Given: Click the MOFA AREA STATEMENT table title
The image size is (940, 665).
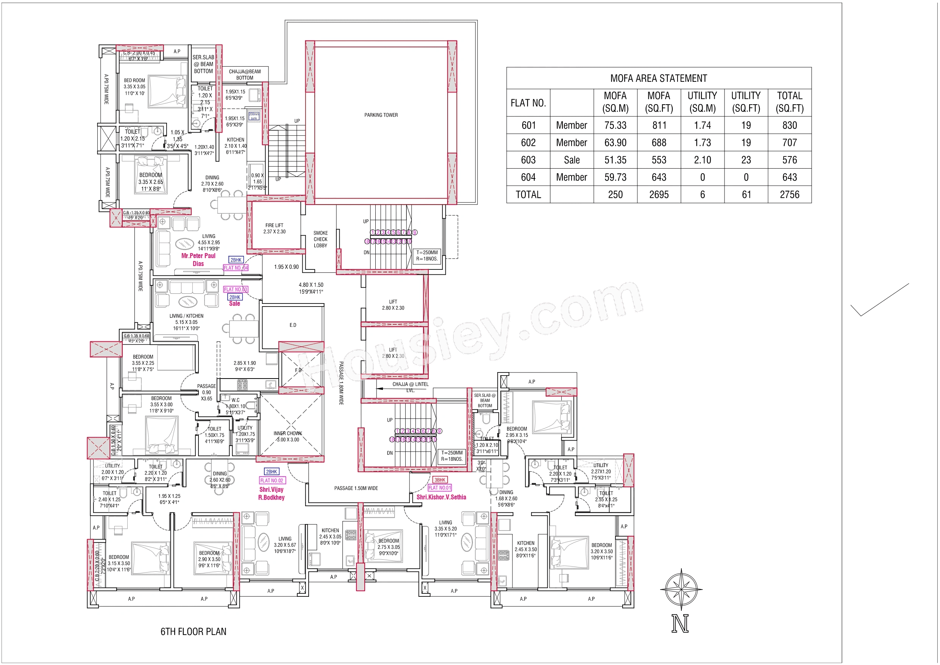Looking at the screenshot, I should [658, 78].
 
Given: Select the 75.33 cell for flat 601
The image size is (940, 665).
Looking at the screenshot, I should [615, 125].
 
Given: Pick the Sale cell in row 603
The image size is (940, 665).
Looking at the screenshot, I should [571, 160].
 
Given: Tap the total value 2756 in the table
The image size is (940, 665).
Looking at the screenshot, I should [789, 195].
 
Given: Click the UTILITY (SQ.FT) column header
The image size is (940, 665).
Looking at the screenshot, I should [746, 102].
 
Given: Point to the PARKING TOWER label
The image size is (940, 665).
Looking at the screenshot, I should [381, 115].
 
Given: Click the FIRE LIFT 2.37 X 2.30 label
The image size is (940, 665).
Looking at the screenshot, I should [275, 228].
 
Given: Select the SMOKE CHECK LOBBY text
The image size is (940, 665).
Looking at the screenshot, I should [320, 239].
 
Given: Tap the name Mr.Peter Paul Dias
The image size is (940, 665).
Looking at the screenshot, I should [198, 259].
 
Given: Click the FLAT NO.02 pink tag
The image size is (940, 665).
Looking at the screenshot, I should [272, 480].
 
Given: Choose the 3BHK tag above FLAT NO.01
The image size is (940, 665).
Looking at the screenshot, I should [440, 480].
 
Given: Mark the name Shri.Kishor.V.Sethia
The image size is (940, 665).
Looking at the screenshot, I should [441, 497].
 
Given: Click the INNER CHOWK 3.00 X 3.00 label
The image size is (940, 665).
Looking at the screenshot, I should [288, 437].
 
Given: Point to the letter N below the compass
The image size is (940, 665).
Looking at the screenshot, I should [680, 624].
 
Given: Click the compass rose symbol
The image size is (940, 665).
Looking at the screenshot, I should [681, 590].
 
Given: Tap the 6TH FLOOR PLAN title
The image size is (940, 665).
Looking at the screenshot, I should [193, 631].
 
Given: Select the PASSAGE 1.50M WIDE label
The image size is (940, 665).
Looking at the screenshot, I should [356, 488].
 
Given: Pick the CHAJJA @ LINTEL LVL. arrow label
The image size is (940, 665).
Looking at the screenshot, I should [410, 387].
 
